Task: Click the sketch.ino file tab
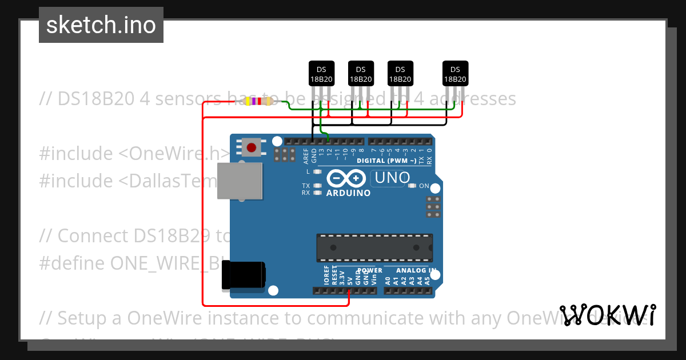coord(101,25)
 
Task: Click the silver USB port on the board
coord(240,181)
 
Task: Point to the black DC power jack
coord(244,275)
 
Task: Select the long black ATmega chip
coord(374,247)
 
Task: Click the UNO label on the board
coord(391,178)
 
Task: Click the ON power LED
coord(412,186)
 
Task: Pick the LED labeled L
coord(318,171)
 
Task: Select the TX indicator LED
coord(318,186)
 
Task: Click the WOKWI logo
coord(608,315)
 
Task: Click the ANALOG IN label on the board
coord(416,270)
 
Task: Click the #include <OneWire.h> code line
coord(135,153)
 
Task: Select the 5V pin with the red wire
coord(349,291)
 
